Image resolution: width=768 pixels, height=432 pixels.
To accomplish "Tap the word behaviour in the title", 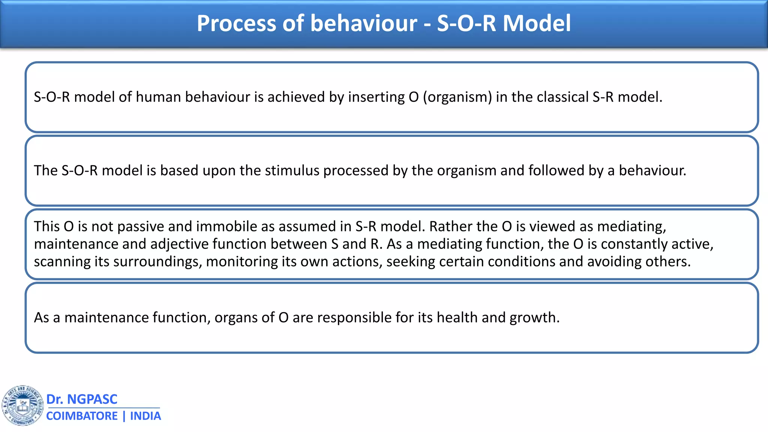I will (363, 23).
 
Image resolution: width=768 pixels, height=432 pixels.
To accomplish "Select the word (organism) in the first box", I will (457, 97).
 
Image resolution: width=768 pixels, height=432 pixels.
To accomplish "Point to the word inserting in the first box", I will (376, 97).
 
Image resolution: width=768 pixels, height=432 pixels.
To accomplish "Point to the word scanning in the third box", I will (61, 262).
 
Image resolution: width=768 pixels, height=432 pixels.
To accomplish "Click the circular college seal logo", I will (22, 405).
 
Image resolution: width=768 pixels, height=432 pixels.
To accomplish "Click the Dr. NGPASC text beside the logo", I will (82, 399).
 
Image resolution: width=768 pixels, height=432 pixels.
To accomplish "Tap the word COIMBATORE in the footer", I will (82, 416).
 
